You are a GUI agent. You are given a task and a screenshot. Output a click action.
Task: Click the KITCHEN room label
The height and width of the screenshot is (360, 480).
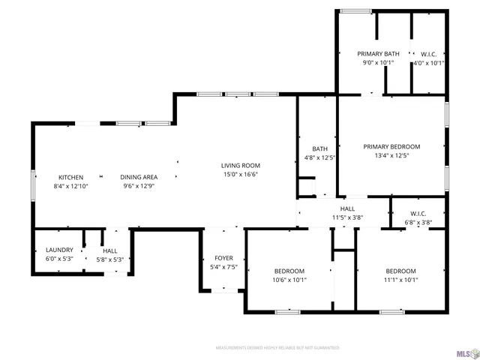coord(71,177)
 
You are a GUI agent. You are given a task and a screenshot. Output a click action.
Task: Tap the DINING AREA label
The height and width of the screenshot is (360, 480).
coord(139,177)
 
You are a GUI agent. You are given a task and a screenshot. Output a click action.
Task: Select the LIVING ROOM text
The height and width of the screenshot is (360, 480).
coord(240,166)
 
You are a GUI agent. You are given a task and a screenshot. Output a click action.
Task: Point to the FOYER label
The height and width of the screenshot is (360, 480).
coord(223,257)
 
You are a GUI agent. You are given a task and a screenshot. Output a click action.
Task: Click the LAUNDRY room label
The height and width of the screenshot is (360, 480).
coord(59,250)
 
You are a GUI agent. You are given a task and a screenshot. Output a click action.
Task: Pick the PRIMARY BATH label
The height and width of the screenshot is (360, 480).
coord(378,54)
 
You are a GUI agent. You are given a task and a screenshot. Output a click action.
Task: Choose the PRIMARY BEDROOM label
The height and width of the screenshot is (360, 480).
coord(391,147)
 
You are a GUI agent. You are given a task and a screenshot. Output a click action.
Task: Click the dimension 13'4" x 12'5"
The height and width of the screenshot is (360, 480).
coord(391,156)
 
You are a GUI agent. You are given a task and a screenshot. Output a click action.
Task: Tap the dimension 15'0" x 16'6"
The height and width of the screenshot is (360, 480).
coord(240,174)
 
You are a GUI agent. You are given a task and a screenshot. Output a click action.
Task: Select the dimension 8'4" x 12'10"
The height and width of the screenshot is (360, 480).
coord(71,186)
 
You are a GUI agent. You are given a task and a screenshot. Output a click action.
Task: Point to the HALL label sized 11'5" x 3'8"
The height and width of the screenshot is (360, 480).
coord(347,208)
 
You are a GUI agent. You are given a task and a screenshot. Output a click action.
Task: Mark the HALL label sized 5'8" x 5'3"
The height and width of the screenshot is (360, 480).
coord(110,251)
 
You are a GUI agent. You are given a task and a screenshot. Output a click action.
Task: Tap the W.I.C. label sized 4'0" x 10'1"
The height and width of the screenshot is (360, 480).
coord(429,54)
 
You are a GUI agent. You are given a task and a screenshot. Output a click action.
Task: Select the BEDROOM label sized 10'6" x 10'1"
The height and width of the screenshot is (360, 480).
coord(289,271)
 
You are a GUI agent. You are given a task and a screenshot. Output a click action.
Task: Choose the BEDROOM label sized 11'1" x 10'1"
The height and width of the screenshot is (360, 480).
coord(400,271)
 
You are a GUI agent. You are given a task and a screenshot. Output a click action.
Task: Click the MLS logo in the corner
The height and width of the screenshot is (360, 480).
coord(464,349)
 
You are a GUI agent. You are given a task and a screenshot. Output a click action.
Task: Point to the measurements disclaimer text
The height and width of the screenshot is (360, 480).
coord(277,348)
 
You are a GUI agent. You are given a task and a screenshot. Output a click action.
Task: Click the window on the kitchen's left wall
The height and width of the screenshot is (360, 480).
coord(32,184)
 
